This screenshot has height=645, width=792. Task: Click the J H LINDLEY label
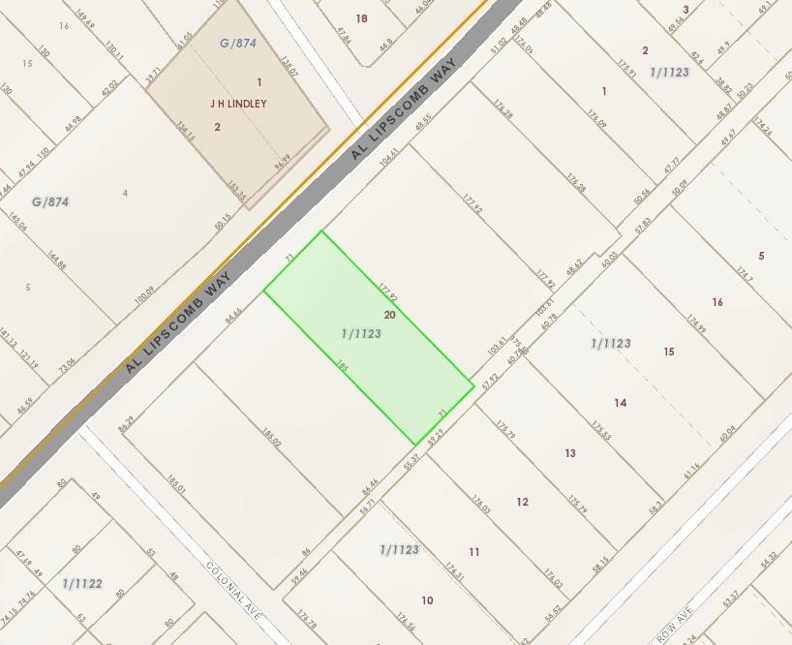pos(237,103)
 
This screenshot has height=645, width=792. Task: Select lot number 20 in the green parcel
pos(390,315)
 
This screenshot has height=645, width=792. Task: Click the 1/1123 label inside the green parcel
pos(361,333)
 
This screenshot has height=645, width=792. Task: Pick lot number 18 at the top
pos(362,18)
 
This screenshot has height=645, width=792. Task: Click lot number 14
pos(621,402)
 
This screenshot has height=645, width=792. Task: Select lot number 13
pos(570,452)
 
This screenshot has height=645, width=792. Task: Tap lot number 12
pos(523,502)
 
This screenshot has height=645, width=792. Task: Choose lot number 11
pos(474,552)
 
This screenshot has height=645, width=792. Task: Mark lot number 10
pos(427,600)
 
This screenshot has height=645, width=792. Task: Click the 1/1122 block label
pos(81,583)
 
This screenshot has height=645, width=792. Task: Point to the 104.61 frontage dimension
pos(389,156)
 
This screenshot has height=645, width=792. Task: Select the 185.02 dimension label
pos(271,439)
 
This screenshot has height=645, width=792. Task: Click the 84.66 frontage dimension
pos(233,316)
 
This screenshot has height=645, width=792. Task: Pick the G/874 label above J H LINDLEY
pos(238,43)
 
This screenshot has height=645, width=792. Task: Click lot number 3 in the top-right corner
pos(685,10)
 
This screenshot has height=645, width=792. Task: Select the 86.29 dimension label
pos(126,423)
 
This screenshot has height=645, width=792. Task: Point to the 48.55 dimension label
pos(423,123)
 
